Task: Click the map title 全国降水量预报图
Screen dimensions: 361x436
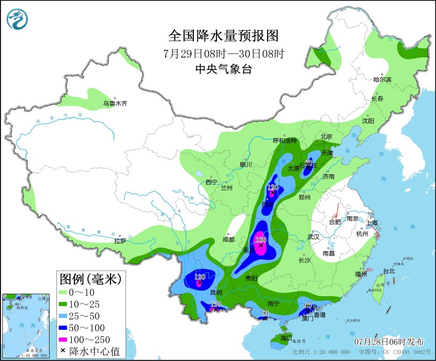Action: coord(223,36)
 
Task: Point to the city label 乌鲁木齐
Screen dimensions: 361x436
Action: coord(115,103)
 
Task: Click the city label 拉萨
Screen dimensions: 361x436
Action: coord(120,241)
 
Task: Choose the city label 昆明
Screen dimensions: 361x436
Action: coord(217,293)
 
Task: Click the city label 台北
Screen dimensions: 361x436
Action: coord(389,271)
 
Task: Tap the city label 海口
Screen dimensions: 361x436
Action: coord(286,338)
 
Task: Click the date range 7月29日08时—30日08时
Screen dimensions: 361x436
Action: coord(223,53)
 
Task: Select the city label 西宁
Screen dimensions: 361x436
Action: coord(211,182)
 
